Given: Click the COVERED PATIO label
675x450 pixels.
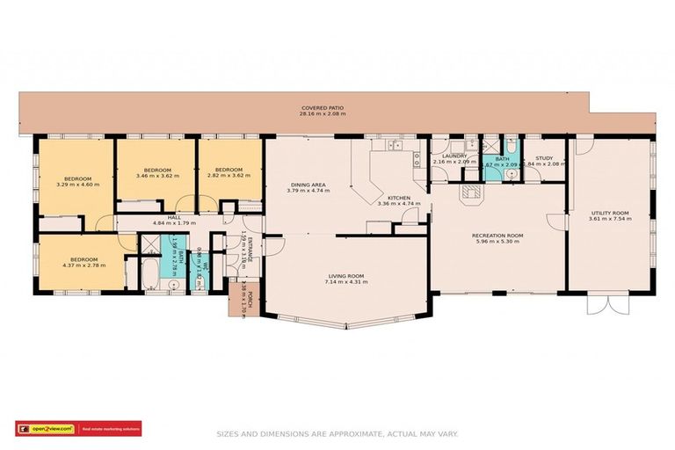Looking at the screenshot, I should click(323, 106).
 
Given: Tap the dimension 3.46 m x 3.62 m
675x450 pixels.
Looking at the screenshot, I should click(157, 176).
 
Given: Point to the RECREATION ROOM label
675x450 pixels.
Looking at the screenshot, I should click(497, 235).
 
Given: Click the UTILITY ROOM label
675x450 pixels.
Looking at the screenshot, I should click(609, 213).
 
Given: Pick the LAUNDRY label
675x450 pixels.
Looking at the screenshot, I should click(454, 156).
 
